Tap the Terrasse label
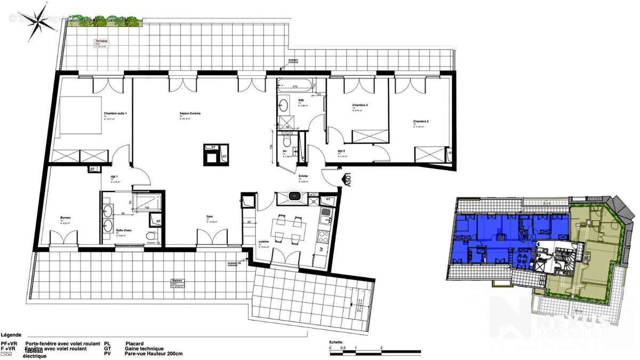click(101, 41)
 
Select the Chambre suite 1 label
click(116, 113)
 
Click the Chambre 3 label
click(360, 106)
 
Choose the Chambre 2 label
click(420, 122)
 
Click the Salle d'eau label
click(124, 230)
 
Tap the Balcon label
click(177, 281)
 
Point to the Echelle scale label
click(336, 342)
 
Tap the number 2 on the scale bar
click(381, 348)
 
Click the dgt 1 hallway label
click(114, 177)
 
